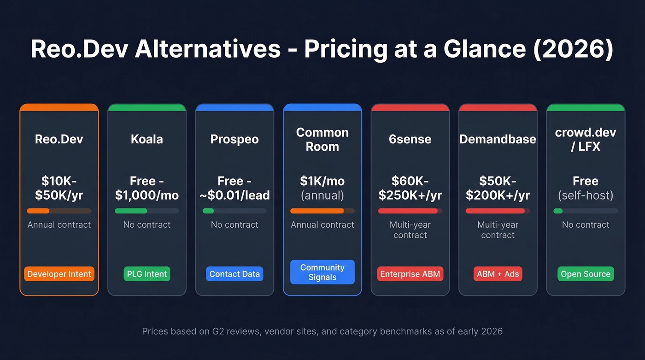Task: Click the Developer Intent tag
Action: tap(59, 274)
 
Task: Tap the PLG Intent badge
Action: tap(147, 274)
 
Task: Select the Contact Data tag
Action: tap(235, 274)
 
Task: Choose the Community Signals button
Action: tap(322, 272)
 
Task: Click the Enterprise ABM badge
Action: tap(410, 274)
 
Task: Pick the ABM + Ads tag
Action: tap(498, 274)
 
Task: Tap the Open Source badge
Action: tap(586, 274)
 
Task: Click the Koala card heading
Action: tap(147, 139)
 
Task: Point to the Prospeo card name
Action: tap(235, 139)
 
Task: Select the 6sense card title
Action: tap(410, 139)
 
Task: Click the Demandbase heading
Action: tap(498, 139)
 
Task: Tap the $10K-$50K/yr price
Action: tap(59, 188)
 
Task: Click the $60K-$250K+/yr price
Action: tap(410, 188)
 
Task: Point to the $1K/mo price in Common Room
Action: tap(322, 181)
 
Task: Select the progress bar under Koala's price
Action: tap(147, 211)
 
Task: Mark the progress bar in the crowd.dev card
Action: tap(586, 211)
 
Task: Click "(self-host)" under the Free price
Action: tap(586, 195)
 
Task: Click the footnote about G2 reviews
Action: tap(322, 331)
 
